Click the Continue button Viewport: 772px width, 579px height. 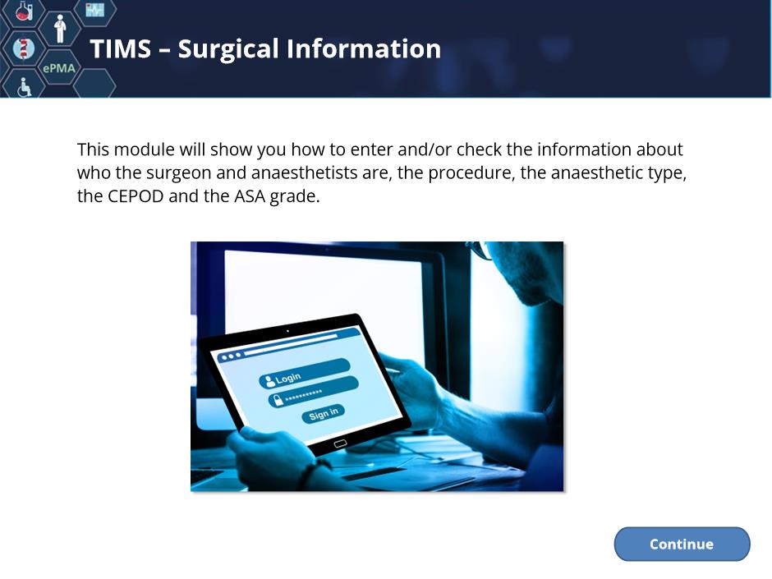(682, 544)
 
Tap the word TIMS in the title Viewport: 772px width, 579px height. (120, 48)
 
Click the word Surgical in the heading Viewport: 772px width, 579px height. (228, 50)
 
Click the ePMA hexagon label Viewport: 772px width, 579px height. (59, 68)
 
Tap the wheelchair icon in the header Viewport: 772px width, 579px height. (24, 87)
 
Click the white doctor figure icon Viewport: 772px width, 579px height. (60, 29)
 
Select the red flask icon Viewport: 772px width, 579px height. (24, 11)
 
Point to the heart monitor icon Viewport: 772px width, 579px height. (94, 9)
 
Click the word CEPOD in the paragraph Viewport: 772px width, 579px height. (136, 196)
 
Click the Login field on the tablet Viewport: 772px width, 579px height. (304, 374)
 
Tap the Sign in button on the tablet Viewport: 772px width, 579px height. (323, 413)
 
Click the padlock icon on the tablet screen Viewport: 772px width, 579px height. (278, 400)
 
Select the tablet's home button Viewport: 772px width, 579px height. (340, 443)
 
